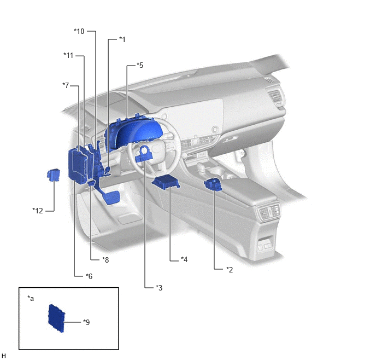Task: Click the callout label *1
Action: [x=122, y=39]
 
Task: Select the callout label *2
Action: [x=230, y=270]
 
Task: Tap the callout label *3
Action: [x=159, y=288]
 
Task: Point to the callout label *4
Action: [x=184, y=259]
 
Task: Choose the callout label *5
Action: [x=140, y=65]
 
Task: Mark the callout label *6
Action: [x=89, y=276]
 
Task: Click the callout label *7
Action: [x=66, y=85]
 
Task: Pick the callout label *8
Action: [x=105, y=260]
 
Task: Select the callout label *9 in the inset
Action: [x=86, y=322]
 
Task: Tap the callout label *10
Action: [x=79, y=31]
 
